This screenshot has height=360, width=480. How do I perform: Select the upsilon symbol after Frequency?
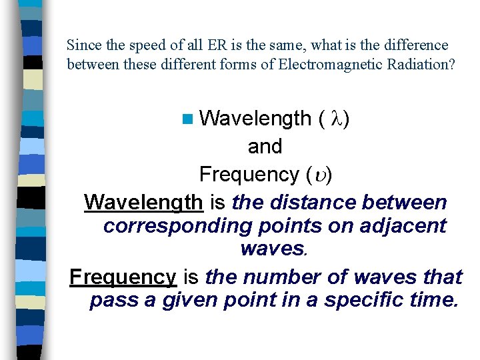(x=319, y=175)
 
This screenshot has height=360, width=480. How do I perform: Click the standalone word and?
(x=265, y=147)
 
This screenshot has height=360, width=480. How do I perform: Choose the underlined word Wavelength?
(x=143, y=202)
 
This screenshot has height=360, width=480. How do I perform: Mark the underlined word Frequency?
(x=123, y=277)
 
